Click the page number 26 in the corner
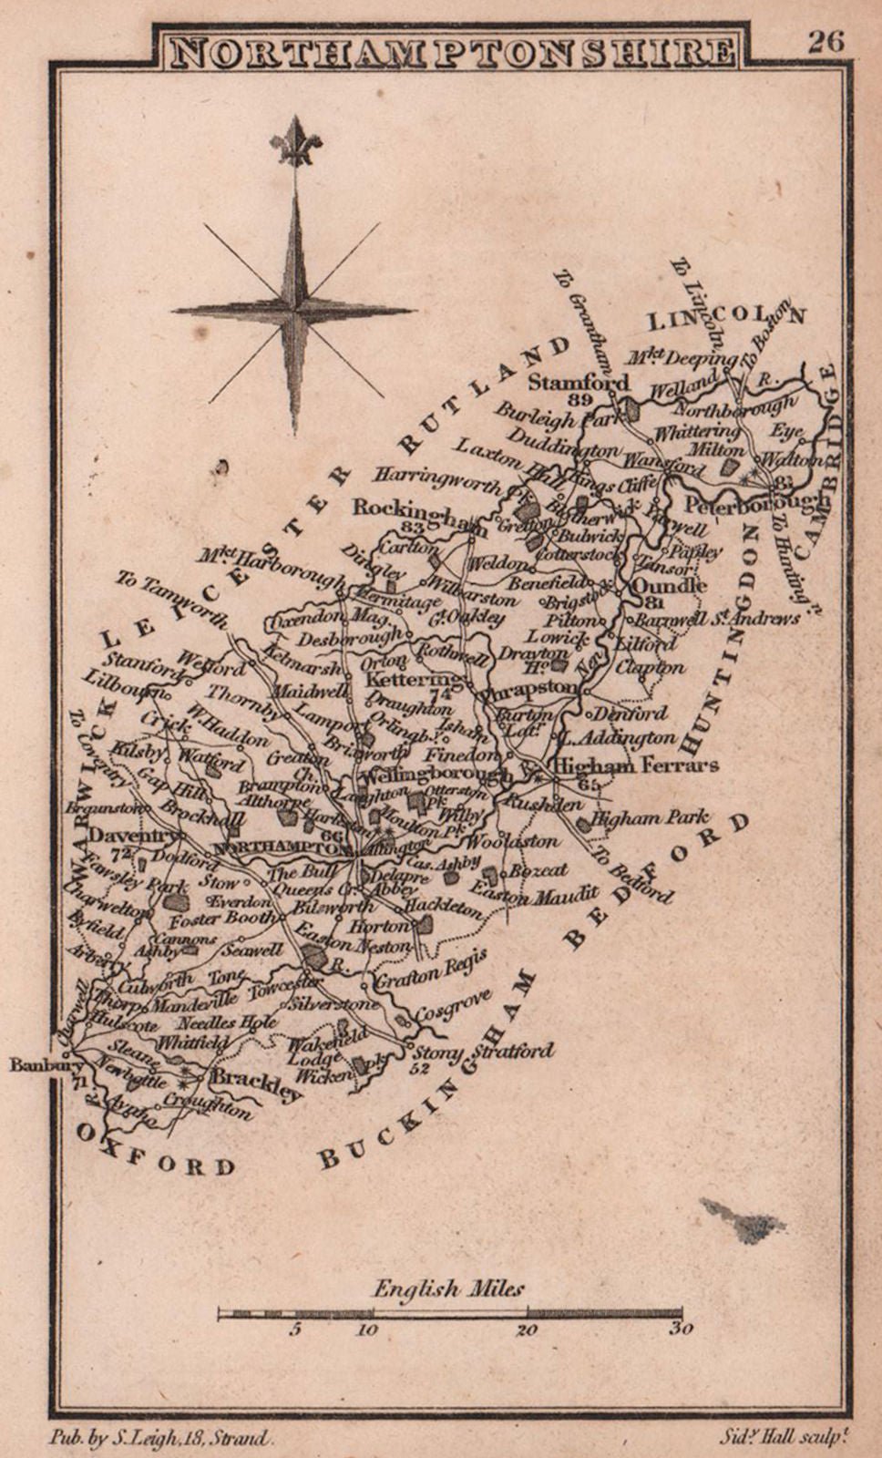pos(825,42)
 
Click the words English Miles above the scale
pos(448,1289)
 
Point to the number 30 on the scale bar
pos(681,1330)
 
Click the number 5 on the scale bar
pos(295,1330)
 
